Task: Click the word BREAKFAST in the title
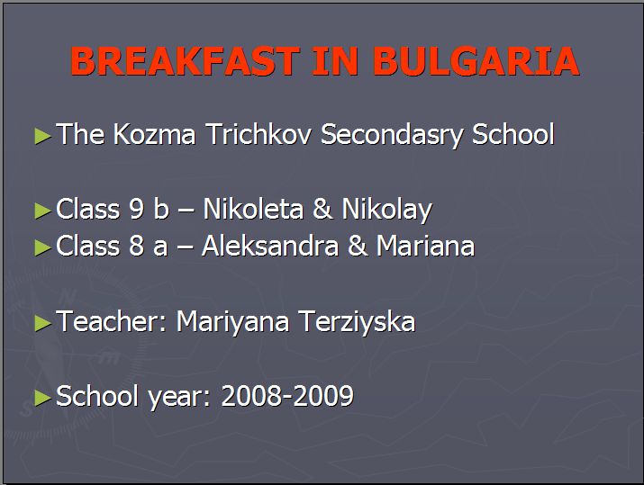tap(186, 61)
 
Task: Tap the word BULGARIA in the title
tap(476, 61)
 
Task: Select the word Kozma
tap(154, 134)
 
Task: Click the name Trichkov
tap(259, 134)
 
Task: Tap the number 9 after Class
tap(136, 209)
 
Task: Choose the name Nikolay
tap(387, 210)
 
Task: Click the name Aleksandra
tap(270, 246)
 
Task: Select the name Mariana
tap(425, 246)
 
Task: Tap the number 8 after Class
tap(136, 246)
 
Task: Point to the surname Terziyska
tap(357, 322)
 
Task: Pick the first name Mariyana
tap(233, 322)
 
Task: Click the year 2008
tap(251, 396)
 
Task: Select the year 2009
tap(323, 396)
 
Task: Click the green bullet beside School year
tap(42, 398)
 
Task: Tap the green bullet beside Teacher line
tap(42, 323)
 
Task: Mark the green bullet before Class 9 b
tap(42, 211)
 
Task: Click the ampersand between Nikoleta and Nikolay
tap(322, 209)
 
